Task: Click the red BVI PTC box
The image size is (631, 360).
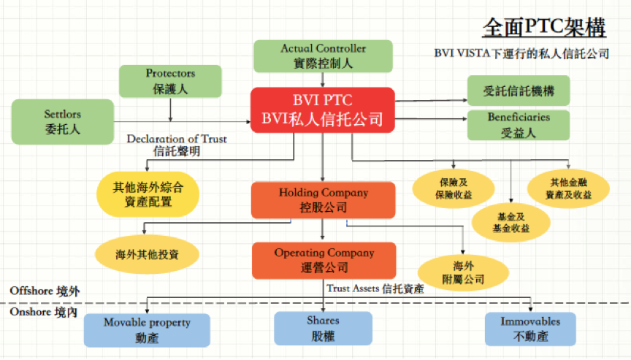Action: pos(323,110)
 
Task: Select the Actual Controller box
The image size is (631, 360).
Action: pos(323,56)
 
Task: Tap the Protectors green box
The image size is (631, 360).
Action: pos(170,80)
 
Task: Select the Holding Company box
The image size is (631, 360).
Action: pos(323,199)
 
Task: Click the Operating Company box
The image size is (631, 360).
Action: pos(324,260)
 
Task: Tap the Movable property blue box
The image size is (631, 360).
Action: pos(147,329)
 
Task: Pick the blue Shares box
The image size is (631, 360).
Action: pos(323,328)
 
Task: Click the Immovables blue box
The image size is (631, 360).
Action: pos(530,329)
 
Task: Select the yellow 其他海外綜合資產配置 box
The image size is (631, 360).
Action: pos(147,194)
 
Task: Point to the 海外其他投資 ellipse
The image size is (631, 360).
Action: pos(147,255)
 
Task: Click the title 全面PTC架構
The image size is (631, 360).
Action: pos(543,28)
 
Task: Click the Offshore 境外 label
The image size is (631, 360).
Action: pos(45,291)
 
